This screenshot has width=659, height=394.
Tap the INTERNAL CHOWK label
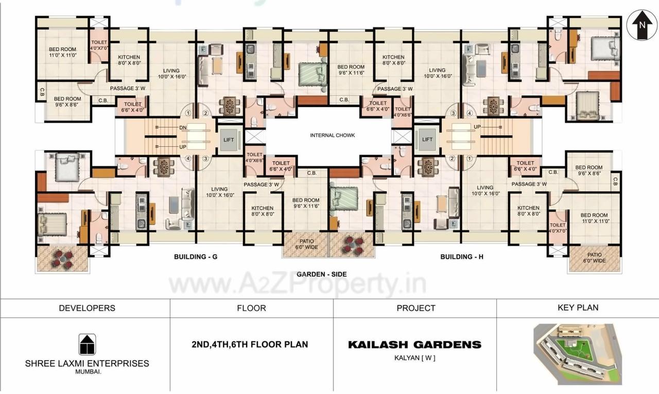(332, 135)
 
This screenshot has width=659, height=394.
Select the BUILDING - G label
(196, 256)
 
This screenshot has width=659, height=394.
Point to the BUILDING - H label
(462, 256)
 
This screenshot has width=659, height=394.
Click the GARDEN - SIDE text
(321, 275)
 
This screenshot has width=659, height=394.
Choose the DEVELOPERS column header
(87, 308)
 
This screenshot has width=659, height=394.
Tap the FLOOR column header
(251, 308)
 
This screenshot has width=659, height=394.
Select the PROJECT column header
(415, 308)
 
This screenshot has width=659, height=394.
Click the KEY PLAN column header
(578, 307)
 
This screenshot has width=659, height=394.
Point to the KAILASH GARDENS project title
(414, 345)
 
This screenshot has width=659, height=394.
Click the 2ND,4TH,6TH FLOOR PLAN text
(249, 344)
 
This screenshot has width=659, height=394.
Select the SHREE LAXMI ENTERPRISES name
(87, 363)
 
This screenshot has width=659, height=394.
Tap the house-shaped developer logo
(87, 344)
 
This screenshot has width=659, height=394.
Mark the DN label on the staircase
(183, 127)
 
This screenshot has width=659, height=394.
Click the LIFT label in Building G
(229, 139)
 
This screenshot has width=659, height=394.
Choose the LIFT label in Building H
(427, 139)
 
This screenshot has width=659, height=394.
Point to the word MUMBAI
(87, 371)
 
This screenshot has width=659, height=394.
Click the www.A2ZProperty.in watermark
(298, 284)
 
